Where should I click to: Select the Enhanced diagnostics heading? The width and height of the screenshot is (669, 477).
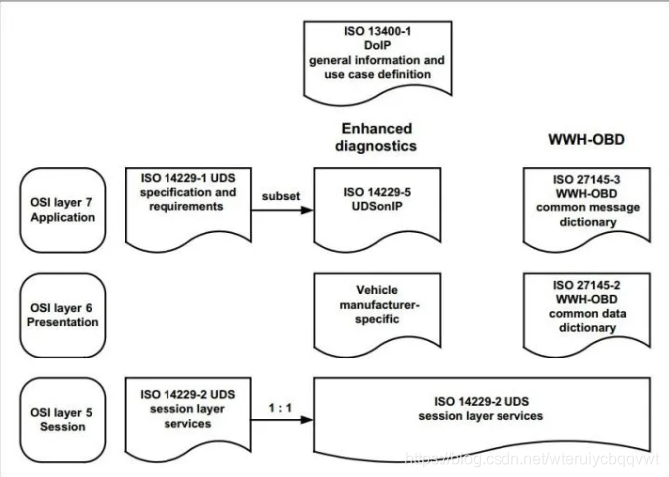(377, 136)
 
